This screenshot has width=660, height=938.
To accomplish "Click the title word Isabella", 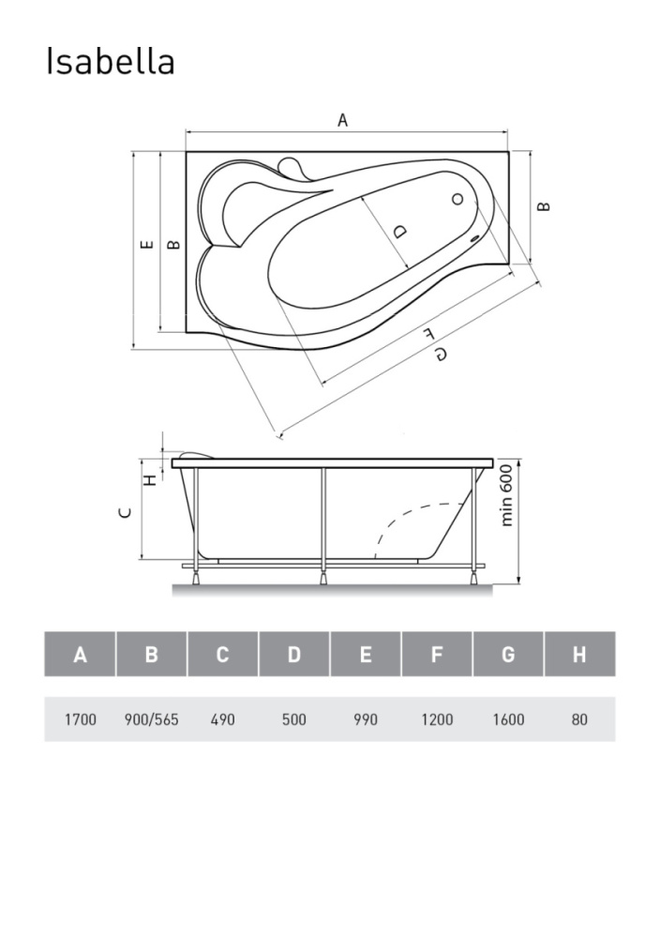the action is point(111,62).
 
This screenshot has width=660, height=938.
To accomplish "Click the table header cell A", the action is point(80,654).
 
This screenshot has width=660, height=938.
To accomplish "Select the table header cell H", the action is point(579,654).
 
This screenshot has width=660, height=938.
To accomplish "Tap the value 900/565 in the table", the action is point(151,719).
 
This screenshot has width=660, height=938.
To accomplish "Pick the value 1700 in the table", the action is point(80,719).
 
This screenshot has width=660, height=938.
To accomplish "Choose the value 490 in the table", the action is point(222,719).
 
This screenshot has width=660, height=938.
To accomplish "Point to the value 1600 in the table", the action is point(508,719).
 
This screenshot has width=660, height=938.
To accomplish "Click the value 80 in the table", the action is point(579,719).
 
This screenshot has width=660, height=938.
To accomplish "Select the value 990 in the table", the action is point(366,719).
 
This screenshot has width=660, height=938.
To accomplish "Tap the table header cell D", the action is point(294,654).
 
